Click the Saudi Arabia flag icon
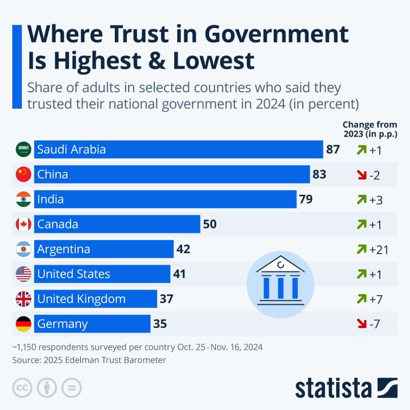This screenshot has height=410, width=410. pos(24,150)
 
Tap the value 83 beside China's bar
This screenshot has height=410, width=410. pos(319,175)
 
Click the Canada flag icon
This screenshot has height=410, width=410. pos(24,224)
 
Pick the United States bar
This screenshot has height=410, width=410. pos(102,274)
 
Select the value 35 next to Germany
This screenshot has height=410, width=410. pos(160,324)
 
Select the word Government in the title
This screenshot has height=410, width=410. pos(277,35)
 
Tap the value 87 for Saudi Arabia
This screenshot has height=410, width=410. pos(333,150)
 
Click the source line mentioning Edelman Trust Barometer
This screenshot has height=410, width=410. pos(89,360)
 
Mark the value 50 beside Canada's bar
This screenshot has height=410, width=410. pos(210,224)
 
